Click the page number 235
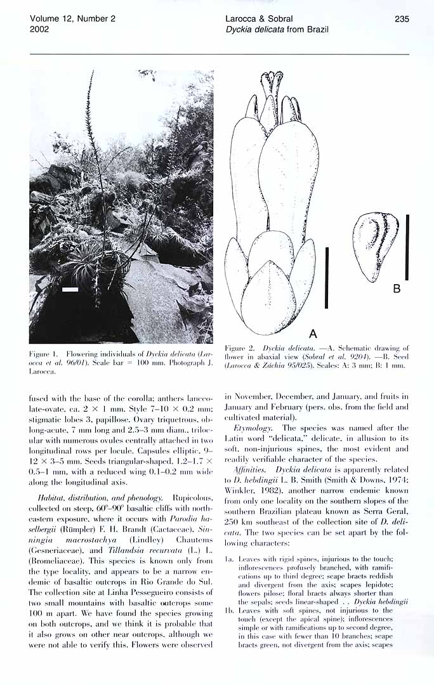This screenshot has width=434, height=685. pyautogui.click(x=401, y=19)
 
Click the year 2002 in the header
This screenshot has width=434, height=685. pyautogui.click(x=40, y=29)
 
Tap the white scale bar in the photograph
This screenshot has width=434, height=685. pyautogui.click(x=70, y=290)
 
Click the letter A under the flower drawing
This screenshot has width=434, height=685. pyautogui.click(x=312, y=334)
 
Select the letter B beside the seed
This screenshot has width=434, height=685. pyautogui.click(x=397, y=289)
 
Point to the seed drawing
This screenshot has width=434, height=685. pyautogui.click(x=375, y=246)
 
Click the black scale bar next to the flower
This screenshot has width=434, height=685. pyautogui.click(x=326, y=278)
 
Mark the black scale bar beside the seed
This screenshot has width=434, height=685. pyautogui.click(x=407, y=247)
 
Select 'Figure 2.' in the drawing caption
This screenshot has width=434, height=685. pyautogui.click(x=239, y=348)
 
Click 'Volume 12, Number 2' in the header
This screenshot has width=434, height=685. pyautogui.click(x=72, y=19)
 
